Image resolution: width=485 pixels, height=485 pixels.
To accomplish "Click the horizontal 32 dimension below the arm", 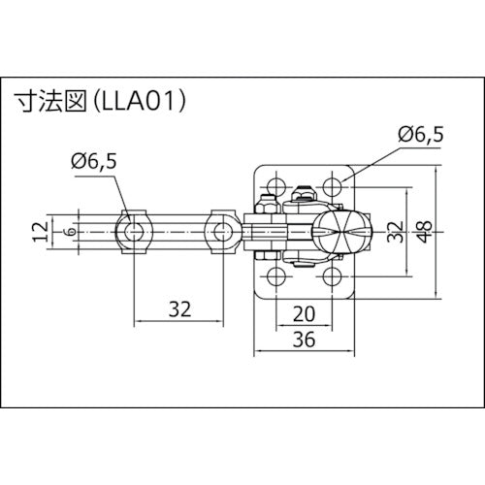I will (x=178, y=309).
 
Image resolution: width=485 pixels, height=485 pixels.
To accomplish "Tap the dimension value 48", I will (x=424, y=231).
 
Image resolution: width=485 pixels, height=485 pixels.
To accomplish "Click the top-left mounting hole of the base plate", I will (x=275, y=184).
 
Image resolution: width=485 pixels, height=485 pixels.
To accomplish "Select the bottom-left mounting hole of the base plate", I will (x=275, y=277).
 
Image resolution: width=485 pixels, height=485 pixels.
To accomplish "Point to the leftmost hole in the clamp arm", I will (x=132, y=231).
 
